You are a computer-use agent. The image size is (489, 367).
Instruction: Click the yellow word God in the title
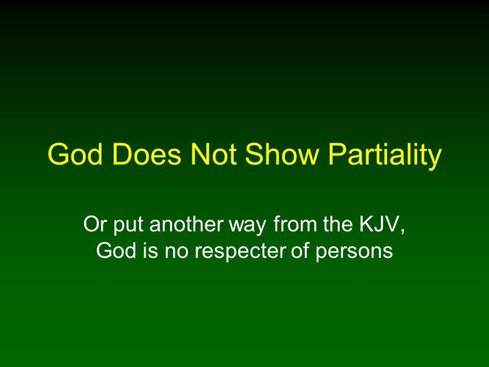pos(75,154)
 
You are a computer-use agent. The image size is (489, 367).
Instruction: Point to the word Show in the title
pos(282,154)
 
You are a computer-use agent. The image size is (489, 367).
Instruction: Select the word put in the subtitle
pos(128,226)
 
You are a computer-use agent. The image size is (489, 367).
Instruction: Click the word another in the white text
pos(187,224)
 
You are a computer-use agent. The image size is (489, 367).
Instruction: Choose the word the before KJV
pos(338,224)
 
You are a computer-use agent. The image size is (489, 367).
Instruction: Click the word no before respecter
pos(177,252)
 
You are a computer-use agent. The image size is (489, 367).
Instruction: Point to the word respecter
pos(240,252)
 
